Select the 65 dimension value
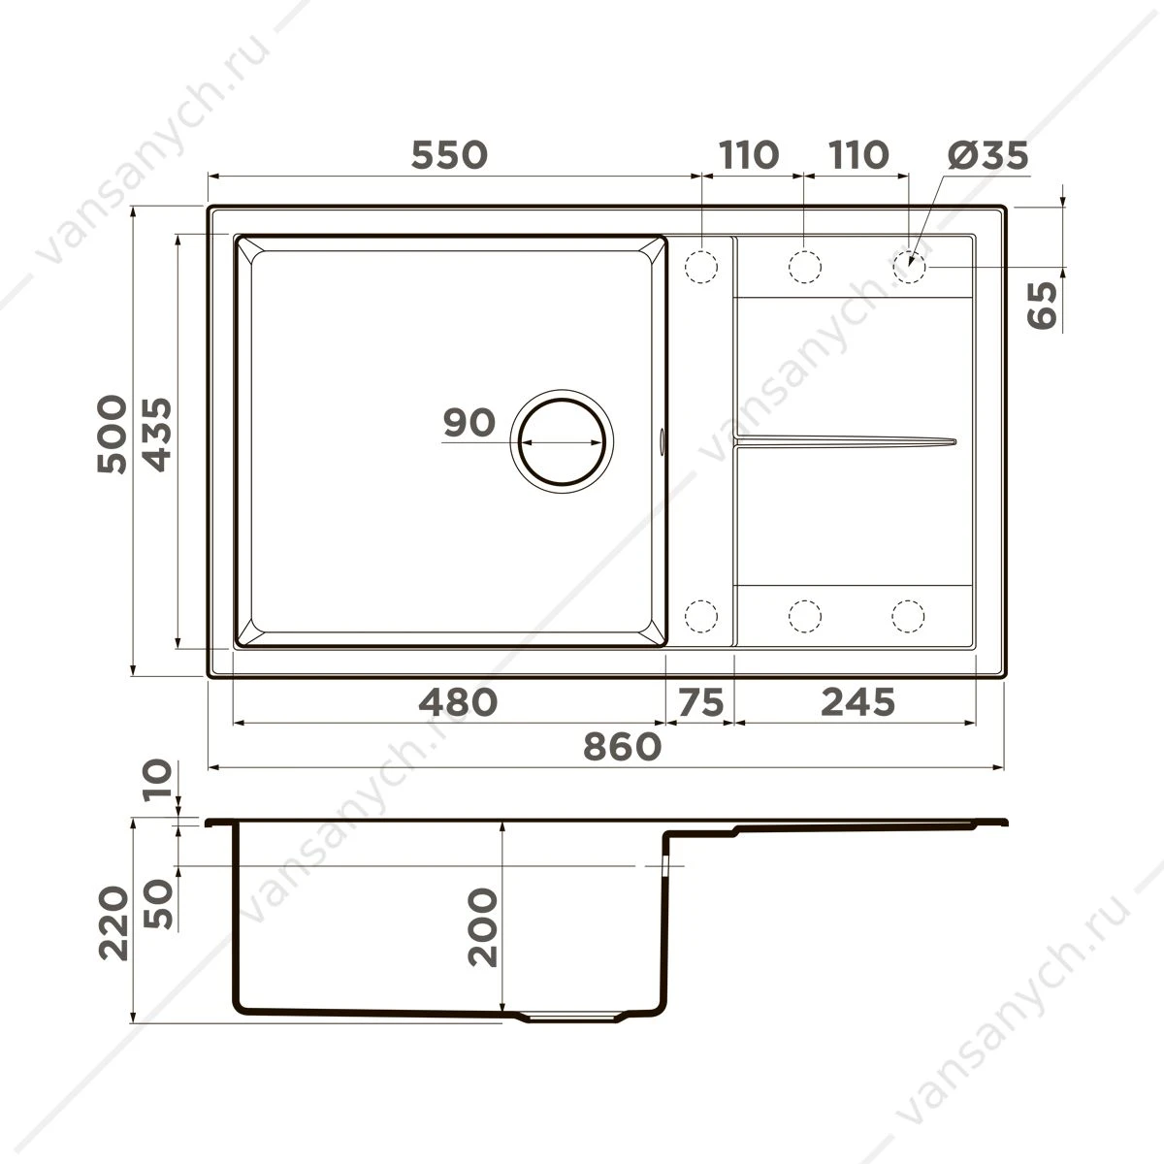(1043, 306)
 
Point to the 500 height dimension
(113, 434)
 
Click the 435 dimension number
(157, 434)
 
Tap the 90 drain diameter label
(469, 422)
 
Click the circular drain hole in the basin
(562, 441)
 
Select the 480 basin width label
(458, 702)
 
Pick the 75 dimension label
(700, 702)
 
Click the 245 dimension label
(857, 702)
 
